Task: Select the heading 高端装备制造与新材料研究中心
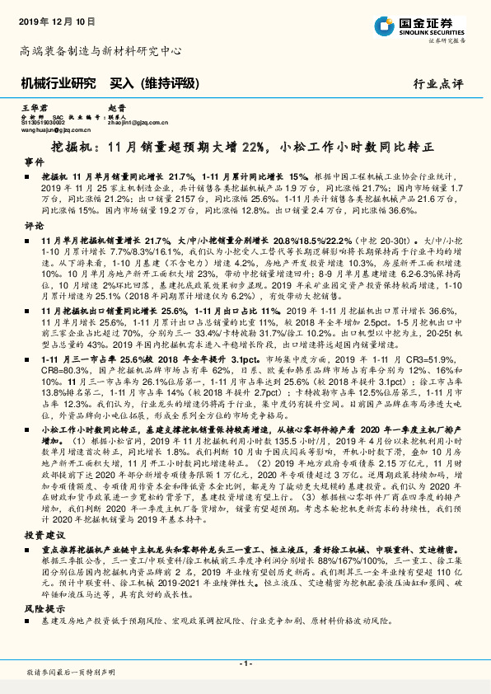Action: pos(101,51)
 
